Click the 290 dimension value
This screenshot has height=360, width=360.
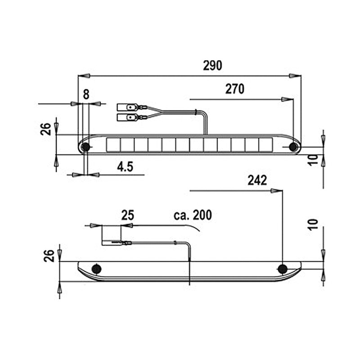[212, 66]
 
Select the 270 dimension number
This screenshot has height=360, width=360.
[234, 89]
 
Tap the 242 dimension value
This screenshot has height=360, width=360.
[257, 180]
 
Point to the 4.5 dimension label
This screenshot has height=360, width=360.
[125, 166]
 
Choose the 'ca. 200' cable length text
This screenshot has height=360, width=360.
[193, 215]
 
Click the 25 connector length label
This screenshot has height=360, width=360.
[128, 215]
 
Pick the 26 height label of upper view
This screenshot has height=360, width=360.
[45, 130]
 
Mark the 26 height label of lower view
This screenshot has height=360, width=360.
[50, 256]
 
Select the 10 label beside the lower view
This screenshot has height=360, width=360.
[315, 224]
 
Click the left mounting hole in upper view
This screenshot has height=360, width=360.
[85, 147]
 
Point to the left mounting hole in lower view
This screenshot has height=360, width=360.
[96, 269]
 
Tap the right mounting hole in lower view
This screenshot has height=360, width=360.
[282, 269]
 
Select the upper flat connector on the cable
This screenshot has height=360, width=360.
[127, 108]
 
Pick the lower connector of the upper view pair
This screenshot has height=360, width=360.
[127, 117]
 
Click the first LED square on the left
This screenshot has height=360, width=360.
[113, 144]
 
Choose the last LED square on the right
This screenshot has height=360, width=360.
[266, 144]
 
